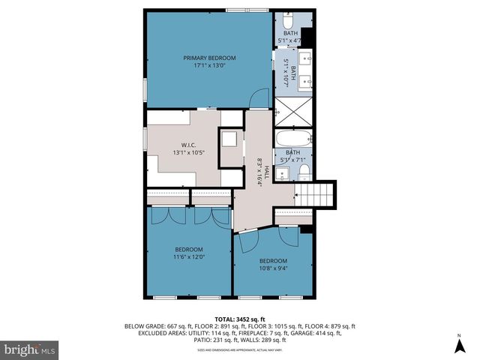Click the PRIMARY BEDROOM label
(210, 58)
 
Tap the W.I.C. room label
(188, 145)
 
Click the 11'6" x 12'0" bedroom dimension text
(189, 257)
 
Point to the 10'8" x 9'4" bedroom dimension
(273, 268)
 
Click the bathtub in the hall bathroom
(292, 139)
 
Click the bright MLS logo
(29, 349)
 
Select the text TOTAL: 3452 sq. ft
(240, 319)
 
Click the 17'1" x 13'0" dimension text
(210, 65)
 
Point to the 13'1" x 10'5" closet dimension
(188, 152)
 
